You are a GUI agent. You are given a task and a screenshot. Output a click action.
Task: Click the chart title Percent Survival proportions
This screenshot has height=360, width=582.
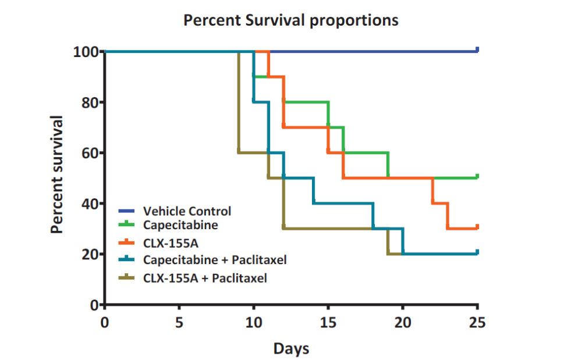coord(291,20)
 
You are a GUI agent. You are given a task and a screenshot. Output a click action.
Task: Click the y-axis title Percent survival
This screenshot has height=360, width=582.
coord(56,174)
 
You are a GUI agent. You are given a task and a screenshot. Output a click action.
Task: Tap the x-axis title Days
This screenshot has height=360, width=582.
coord(291,349)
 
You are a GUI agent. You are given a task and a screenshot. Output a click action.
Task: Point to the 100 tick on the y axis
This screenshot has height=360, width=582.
coord(85,52)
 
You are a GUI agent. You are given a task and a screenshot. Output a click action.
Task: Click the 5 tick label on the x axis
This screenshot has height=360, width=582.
coord(179,322)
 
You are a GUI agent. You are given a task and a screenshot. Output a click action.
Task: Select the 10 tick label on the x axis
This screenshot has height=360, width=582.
coord(254,322)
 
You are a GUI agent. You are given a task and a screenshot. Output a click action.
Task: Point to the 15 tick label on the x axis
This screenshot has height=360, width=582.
coord(328,322)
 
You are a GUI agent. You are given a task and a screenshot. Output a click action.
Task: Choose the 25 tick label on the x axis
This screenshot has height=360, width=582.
coord(477,322)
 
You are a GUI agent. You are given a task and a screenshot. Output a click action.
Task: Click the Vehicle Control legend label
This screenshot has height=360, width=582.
coord(187,211)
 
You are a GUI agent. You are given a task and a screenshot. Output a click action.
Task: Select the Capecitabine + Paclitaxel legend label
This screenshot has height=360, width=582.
coord(215,259)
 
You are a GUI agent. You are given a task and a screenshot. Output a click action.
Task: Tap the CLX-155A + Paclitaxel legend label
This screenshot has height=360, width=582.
coord(205,278)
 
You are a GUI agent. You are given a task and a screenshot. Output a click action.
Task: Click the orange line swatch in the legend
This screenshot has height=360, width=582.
coord(127,241)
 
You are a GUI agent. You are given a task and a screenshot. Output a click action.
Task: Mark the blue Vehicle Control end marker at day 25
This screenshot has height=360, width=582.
coord(477,50)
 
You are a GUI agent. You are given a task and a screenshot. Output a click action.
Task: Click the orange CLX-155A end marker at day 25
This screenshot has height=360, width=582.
coord(477,227)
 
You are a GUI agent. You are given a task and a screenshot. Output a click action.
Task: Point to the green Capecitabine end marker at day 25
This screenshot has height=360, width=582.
coord(477,176)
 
